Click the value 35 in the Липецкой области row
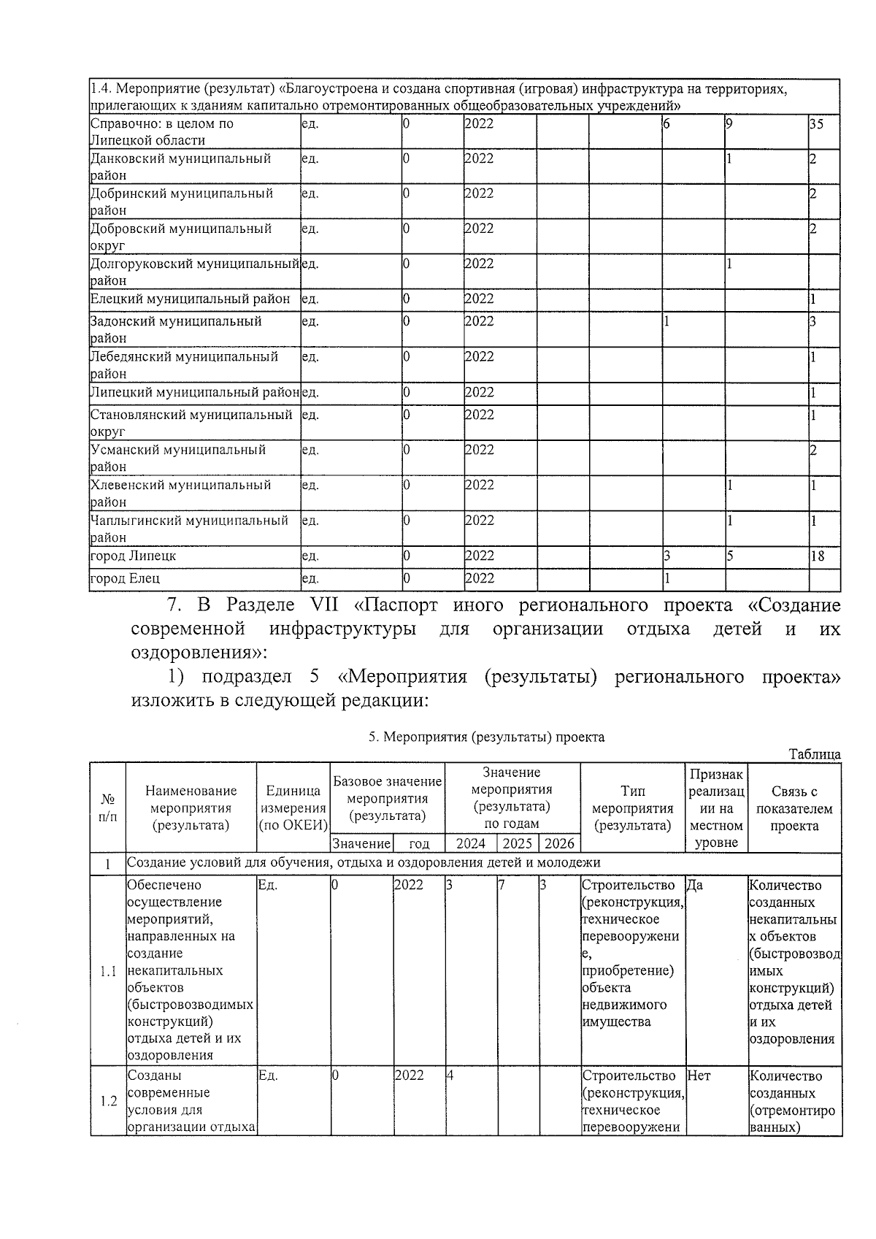(x=816, y=124)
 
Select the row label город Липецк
(x=133, y=556)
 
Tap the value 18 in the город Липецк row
(x=817, y=556)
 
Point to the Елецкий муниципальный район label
(x=190, y=299)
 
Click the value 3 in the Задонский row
(x=812, y=322)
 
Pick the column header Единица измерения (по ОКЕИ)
(x=293, y=809)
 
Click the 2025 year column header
(x=518, y=844)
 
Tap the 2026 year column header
(x=559, y=844)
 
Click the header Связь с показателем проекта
(x=794, y=809)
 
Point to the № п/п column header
(x=107, y=809)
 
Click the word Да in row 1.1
(x=695, y=886)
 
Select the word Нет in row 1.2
(x=699, y=1076)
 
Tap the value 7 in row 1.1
(x=502, y=886)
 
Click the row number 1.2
(x=108, y=1102)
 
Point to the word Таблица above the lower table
(x=815, y=755)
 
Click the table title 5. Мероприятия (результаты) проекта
(x=486, y=737)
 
